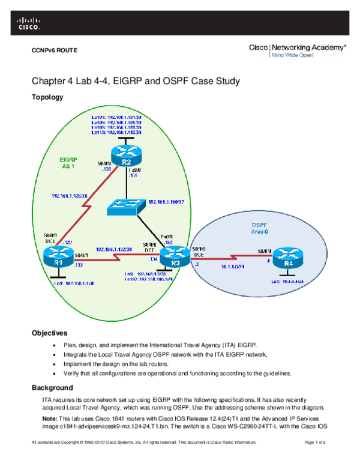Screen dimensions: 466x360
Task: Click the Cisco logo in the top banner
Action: coord(28,23)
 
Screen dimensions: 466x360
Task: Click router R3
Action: coord(173,259)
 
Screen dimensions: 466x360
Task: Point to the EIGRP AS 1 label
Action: coord(70,163)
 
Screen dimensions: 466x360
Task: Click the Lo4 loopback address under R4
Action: coord(290,281)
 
